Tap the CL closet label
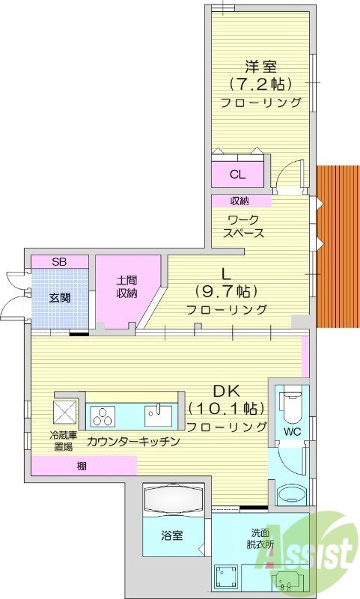(237, 175)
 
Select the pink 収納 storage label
(240, 201)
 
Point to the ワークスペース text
(243, 226)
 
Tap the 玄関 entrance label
(60, 298)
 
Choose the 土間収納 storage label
(126, 287)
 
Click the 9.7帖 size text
(227, 291)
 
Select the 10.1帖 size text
(227, 409)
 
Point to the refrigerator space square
(63, 413)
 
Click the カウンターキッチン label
(133, 442)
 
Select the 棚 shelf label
(80, 466)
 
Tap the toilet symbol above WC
(290, 407)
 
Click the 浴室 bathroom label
(172, 537)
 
